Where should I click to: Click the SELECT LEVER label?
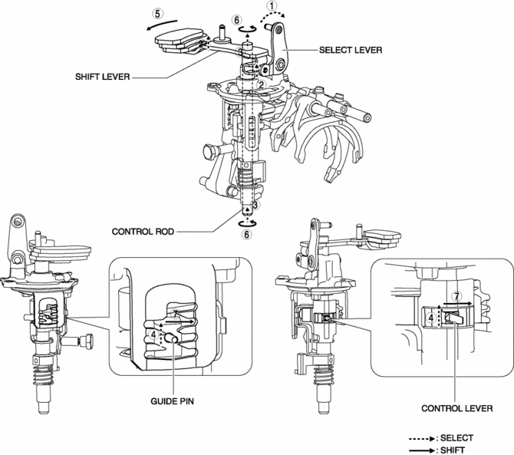351,50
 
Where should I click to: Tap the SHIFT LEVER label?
103,77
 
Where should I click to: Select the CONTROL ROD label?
143,232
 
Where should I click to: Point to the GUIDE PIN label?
172,401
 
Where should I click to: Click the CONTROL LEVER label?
457,408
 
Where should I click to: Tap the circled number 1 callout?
272,5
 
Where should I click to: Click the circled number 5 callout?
158,14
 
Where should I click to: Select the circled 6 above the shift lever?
237,20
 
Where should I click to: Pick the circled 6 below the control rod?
246,234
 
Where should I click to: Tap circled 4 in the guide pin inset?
153,335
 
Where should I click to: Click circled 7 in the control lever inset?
456,296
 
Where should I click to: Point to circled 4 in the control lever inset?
431,318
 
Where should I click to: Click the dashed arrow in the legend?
422,439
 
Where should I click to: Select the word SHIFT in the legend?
453,450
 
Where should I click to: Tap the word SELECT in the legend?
456,438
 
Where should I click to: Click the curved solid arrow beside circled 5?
161,25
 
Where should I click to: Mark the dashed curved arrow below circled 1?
273,16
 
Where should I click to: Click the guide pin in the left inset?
172,337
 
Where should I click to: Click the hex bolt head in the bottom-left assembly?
87,342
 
